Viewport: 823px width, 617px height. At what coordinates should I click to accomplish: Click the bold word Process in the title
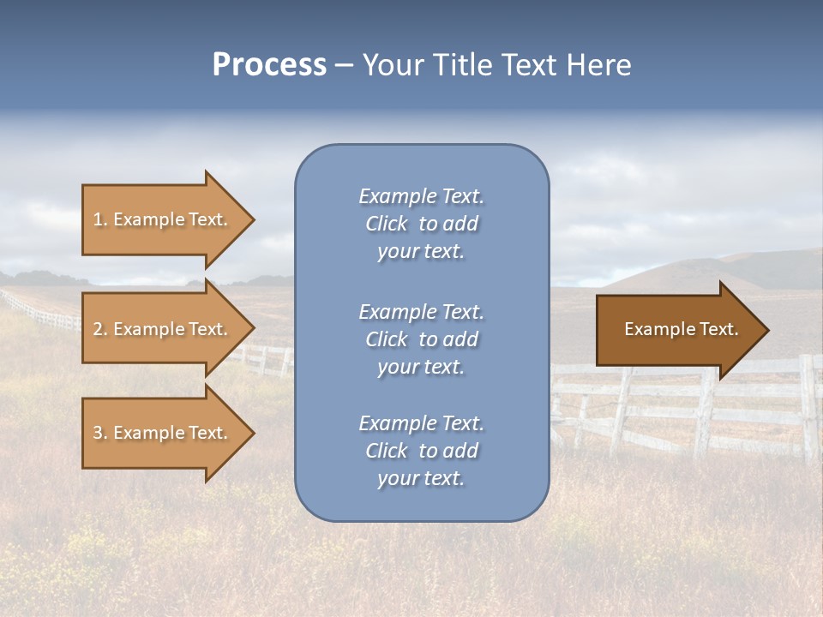269,65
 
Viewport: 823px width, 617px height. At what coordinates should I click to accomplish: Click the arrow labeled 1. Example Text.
163,219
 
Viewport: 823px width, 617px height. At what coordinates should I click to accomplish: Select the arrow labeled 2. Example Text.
163,329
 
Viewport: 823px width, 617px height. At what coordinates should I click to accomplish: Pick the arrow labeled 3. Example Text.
163,433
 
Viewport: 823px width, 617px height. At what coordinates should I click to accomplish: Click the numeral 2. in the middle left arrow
100,329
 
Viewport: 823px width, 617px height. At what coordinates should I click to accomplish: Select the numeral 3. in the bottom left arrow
100,433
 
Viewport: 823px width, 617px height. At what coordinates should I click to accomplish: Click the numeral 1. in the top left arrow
100,219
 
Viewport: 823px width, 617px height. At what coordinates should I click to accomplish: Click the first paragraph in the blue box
421,224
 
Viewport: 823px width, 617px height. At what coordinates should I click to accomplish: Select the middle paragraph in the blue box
421,339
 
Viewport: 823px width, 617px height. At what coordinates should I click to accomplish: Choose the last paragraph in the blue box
421,451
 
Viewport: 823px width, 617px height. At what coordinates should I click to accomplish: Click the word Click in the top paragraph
386,224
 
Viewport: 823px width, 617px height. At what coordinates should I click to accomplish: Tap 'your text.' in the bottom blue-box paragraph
421,479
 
